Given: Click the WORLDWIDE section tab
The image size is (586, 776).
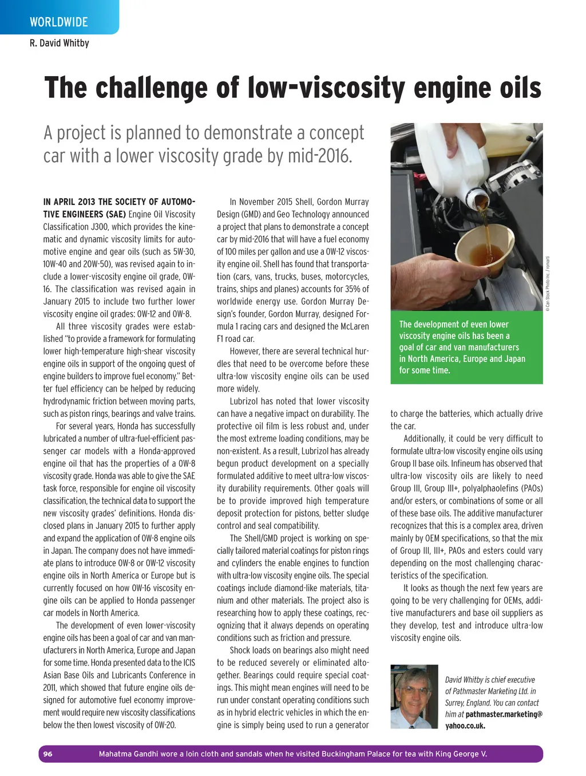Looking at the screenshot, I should pyautogui.click(x=59, y=22).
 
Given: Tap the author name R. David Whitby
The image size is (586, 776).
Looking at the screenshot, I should pyautogui.click(x=60, y=43).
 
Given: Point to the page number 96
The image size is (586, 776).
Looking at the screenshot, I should pyautogui.click(x=47, y=754).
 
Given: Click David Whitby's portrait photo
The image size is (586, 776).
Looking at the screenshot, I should pyautogui.click(x=414, y=696).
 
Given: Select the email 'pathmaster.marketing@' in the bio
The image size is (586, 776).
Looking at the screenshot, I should pyautogui.click(x=504, y=714).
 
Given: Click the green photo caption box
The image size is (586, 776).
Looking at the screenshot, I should pyautogui.click(x=466, y=347).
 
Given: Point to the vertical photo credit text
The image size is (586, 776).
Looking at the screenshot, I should pyautogui.click(x=547, y=283).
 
